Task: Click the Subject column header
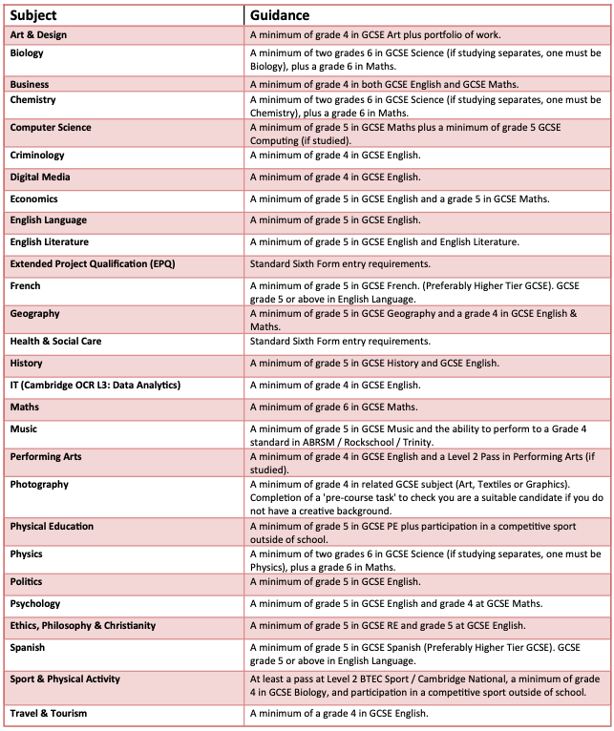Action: (x=34, y=15)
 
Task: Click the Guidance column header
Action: (x=280, y=15)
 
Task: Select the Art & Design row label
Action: (x=38, y=35)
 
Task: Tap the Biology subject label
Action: (x=27, y=53)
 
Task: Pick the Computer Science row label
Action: (x=51, y=127)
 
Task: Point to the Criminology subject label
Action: (x=37, y=155)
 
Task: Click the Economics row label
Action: (x=34, y=198)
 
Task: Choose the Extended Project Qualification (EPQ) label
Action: (x=93, y=263)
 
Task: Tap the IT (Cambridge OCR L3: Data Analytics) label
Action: (x=95, y=385)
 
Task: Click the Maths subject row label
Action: (x=24, y=407)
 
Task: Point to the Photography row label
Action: (x=39, y=484)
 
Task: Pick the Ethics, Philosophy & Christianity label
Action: (x=83, y=625)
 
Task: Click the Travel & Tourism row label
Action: (x=48, y=713)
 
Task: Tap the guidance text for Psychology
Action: (x=396, y=604)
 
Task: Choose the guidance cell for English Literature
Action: (x=384, y=242)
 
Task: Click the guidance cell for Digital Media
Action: (x=334, y=178)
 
